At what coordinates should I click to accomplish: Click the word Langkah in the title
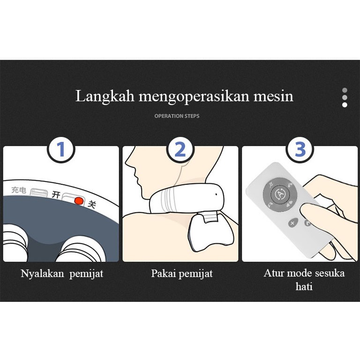(x=105, y=97)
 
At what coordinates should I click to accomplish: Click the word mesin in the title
(x=273, y=96)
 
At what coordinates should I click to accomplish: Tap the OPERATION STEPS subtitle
(x=177, y=116)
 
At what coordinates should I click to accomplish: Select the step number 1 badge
(x=61, y=150)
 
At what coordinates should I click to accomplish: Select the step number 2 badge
(x=180, y=150)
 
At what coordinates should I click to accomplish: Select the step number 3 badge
(x=300, y=150)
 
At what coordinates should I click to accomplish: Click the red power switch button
(x=79, y=201)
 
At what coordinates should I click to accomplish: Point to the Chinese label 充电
(x=19, y=190)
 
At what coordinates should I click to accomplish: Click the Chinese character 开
(x=56, y=195)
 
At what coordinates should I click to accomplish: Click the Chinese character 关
(x=91, y=204)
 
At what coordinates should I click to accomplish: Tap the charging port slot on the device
(x=38, y=192)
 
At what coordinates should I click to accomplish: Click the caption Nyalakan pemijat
(x=62, y=274)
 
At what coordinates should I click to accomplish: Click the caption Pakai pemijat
(x=182, y=274)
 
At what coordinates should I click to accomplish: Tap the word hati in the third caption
(x=304, y=286)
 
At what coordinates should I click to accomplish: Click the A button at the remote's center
(x=280, y=194)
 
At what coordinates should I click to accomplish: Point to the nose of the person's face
(x=127, y=162)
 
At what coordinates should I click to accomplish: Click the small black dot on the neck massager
(x=216, y=195)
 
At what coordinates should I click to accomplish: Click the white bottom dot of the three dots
(x=345, y=105)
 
